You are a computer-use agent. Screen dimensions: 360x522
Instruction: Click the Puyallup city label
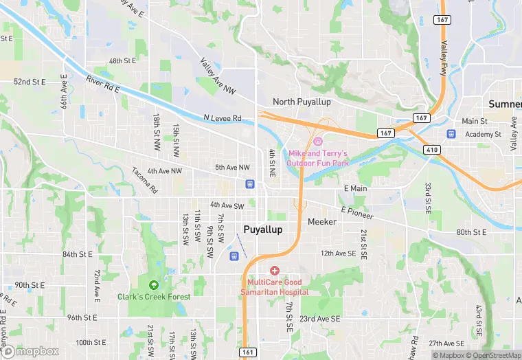coord(263,229)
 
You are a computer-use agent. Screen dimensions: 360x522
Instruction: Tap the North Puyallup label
coord(302,102)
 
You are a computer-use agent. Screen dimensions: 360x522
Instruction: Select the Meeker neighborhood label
coord(322,222)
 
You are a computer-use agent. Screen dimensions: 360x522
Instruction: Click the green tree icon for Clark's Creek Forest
coord(152,284)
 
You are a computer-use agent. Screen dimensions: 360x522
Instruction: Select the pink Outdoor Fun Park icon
coord(318,142)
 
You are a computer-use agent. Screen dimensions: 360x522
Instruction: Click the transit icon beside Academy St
coord(451,134)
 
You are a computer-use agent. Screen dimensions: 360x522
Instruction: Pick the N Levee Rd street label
coord(223,118)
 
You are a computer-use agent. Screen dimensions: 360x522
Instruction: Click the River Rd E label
coord(103,85)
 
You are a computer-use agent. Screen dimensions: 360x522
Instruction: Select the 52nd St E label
coord(30,82)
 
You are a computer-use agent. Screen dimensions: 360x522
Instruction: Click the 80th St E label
coord(471,232)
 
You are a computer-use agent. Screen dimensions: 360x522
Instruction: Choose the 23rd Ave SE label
coord(320,319)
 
